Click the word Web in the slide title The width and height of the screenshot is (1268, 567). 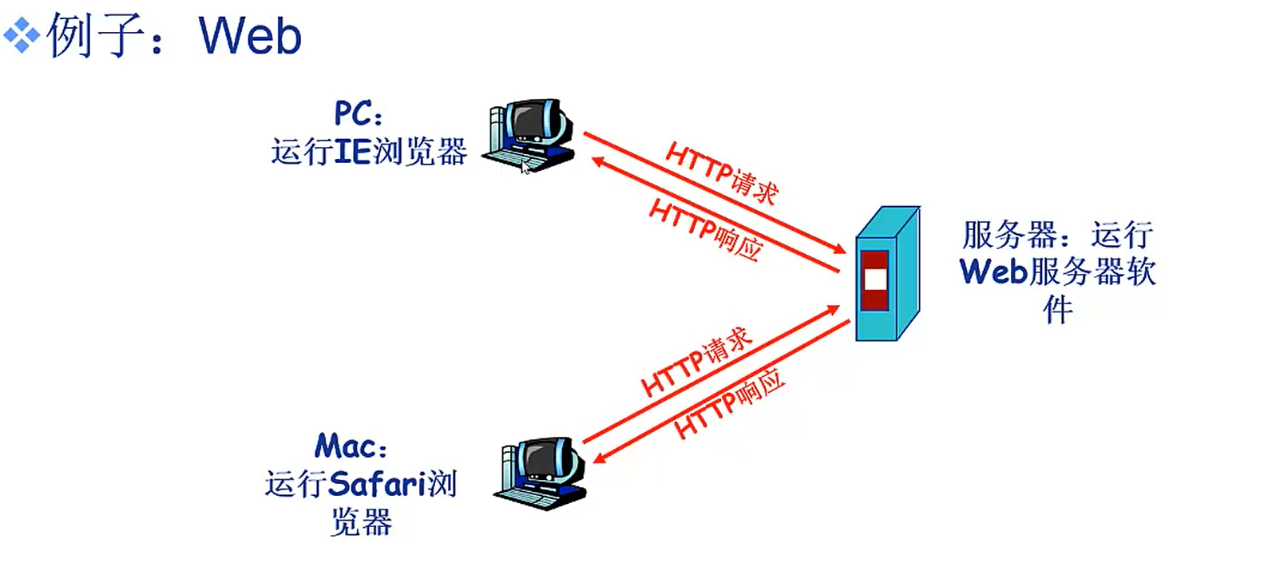point(250,36)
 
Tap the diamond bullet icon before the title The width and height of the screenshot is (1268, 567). point(22,35)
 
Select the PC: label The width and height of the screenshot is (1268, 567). point(358,114)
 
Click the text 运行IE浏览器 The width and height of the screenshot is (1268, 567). point(368,151)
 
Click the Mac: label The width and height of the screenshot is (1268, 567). point(351,446)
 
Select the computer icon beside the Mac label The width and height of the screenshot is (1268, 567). point(541,472)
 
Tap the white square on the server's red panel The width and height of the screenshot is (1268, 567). point(875,280)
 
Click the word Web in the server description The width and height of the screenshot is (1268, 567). point(993,272)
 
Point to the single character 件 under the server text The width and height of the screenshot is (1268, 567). point(1057,309)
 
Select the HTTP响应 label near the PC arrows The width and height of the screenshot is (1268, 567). point(705,230)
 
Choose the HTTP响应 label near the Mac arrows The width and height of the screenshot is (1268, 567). point(728,403)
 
